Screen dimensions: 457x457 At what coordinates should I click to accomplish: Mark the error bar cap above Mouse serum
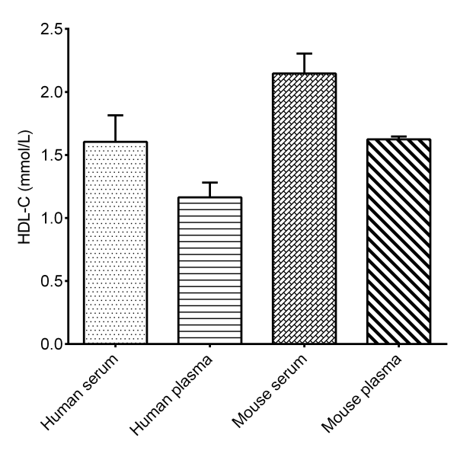(304, 54)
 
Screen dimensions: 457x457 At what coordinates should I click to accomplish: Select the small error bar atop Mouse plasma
(398, 137)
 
